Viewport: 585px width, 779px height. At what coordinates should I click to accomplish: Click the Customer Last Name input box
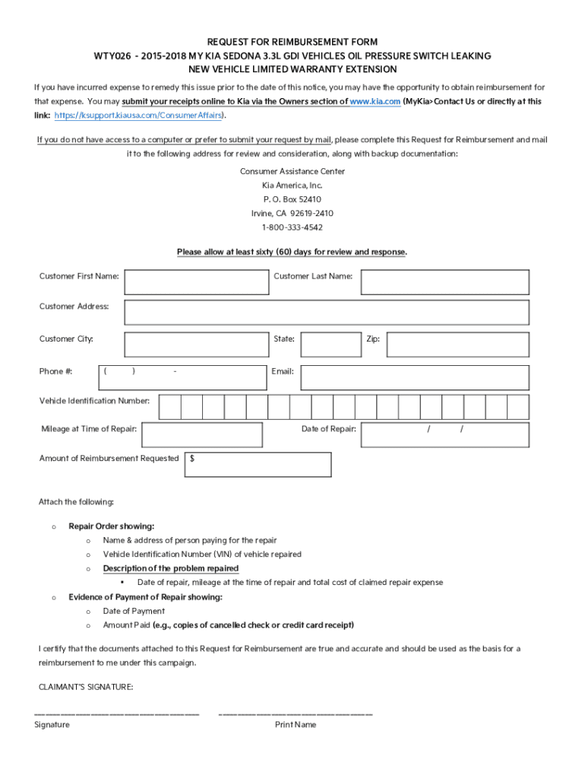444,281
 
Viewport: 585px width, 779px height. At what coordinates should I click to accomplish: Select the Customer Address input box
327,312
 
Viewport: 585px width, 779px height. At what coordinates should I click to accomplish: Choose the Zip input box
457,344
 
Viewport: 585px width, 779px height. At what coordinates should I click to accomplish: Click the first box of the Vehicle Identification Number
170,406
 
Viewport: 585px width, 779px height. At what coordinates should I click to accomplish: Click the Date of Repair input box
444,434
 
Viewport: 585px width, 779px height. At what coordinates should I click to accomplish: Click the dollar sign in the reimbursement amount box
192,459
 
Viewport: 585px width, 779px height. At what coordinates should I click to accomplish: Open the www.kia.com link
375,101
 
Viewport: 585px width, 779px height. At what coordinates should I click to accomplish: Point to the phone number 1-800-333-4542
292,227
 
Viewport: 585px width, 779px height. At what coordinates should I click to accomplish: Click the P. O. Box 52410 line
292,199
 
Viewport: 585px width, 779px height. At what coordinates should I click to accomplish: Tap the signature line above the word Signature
117,714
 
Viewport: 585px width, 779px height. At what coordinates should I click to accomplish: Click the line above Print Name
296,714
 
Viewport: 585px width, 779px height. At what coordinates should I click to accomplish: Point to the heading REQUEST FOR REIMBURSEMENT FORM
292,42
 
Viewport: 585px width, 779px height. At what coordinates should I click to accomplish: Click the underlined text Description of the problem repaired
171,568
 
